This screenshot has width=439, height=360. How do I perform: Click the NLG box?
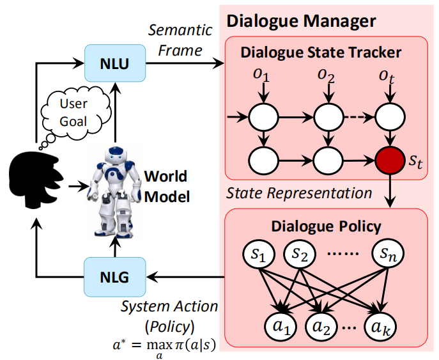[115, 276]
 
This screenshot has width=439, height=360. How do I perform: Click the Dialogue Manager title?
[301, 20]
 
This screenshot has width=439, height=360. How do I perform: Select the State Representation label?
[299, 192]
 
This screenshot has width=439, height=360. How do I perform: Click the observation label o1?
[262, 76]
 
